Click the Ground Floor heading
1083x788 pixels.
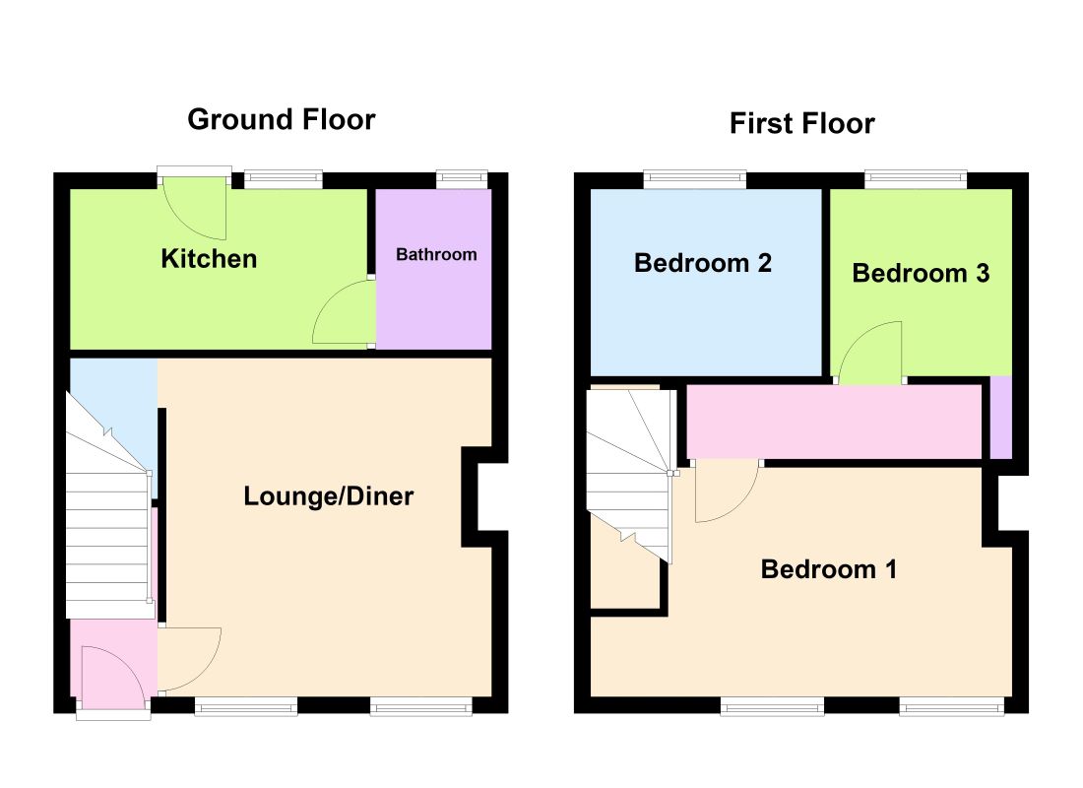coord(282,119)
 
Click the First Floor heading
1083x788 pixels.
coord(801,124)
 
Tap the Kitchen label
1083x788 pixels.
coord(209,258)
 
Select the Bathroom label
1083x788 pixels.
coord(436,254)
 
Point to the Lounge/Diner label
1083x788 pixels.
coord(328,495)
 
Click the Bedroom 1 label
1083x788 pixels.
coord(829,569)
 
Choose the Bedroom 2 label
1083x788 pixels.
coord(702,263)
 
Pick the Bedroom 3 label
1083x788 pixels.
coord(921,273)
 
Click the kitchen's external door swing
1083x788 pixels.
coord(196,208)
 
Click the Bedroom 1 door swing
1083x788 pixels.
coord(728,492)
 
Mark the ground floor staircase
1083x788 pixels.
coord(108,505)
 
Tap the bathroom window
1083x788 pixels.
coord(462,179)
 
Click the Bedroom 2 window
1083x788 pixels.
coord(695,179)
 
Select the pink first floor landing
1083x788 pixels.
coord(834,422)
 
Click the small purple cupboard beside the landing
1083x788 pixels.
coord(1001,417)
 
